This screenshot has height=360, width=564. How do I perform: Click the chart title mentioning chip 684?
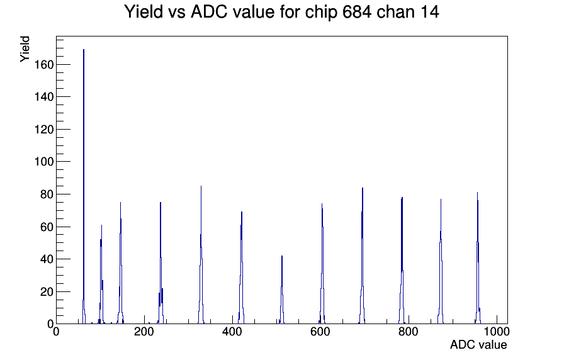pyautogui.click(x=281, y=12)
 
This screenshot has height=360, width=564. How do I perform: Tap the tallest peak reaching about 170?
pyautogui.click(x=84, y=187)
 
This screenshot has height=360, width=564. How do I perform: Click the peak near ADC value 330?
pyautogui.click(x=201, y=255)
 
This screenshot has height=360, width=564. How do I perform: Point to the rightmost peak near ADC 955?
pyautogui.click(x=477, y=258)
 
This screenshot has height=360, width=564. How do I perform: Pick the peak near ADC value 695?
pyautogui.click(x=362, y=256)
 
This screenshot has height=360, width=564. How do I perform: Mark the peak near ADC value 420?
pyautogui.click(x=241, y=267)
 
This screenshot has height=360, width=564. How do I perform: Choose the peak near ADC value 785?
pyautogui.click(x=402, y=261)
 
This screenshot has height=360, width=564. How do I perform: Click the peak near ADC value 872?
pyautogui.click(x=440, y=261)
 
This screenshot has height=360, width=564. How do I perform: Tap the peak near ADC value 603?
pyautogui.click(x=322, y=264)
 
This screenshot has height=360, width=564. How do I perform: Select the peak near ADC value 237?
pyautogui.click(x=161, y=263)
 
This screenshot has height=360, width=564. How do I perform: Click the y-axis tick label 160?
pyautogui.click(x=44, y=65)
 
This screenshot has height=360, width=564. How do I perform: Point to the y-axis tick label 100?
pyautogui.click(x=44, y=162)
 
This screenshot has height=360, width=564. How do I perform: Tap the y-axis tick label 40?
pyautogui.click(x=47, y=259)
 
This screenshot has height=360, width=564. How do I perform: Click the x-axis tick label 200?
pyautogui.click(x=144, y=332)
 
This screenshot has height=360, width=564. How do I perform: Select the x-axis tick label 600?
pyautogui.click(x=320, y=332)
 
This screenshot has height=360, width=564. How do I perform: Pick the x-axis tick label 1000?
pyautogui.click(x=497, y=332)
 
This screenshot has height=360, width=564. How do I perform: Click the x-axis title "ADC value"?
pyautogui.click(x=478, y=345)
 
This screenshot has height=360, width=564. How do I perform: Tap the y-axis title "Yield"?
pyautogui.click(x=25, y=49)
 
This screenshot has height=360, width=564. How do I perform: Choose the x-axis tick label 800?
pyautogui.click(x=409, y=332)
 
